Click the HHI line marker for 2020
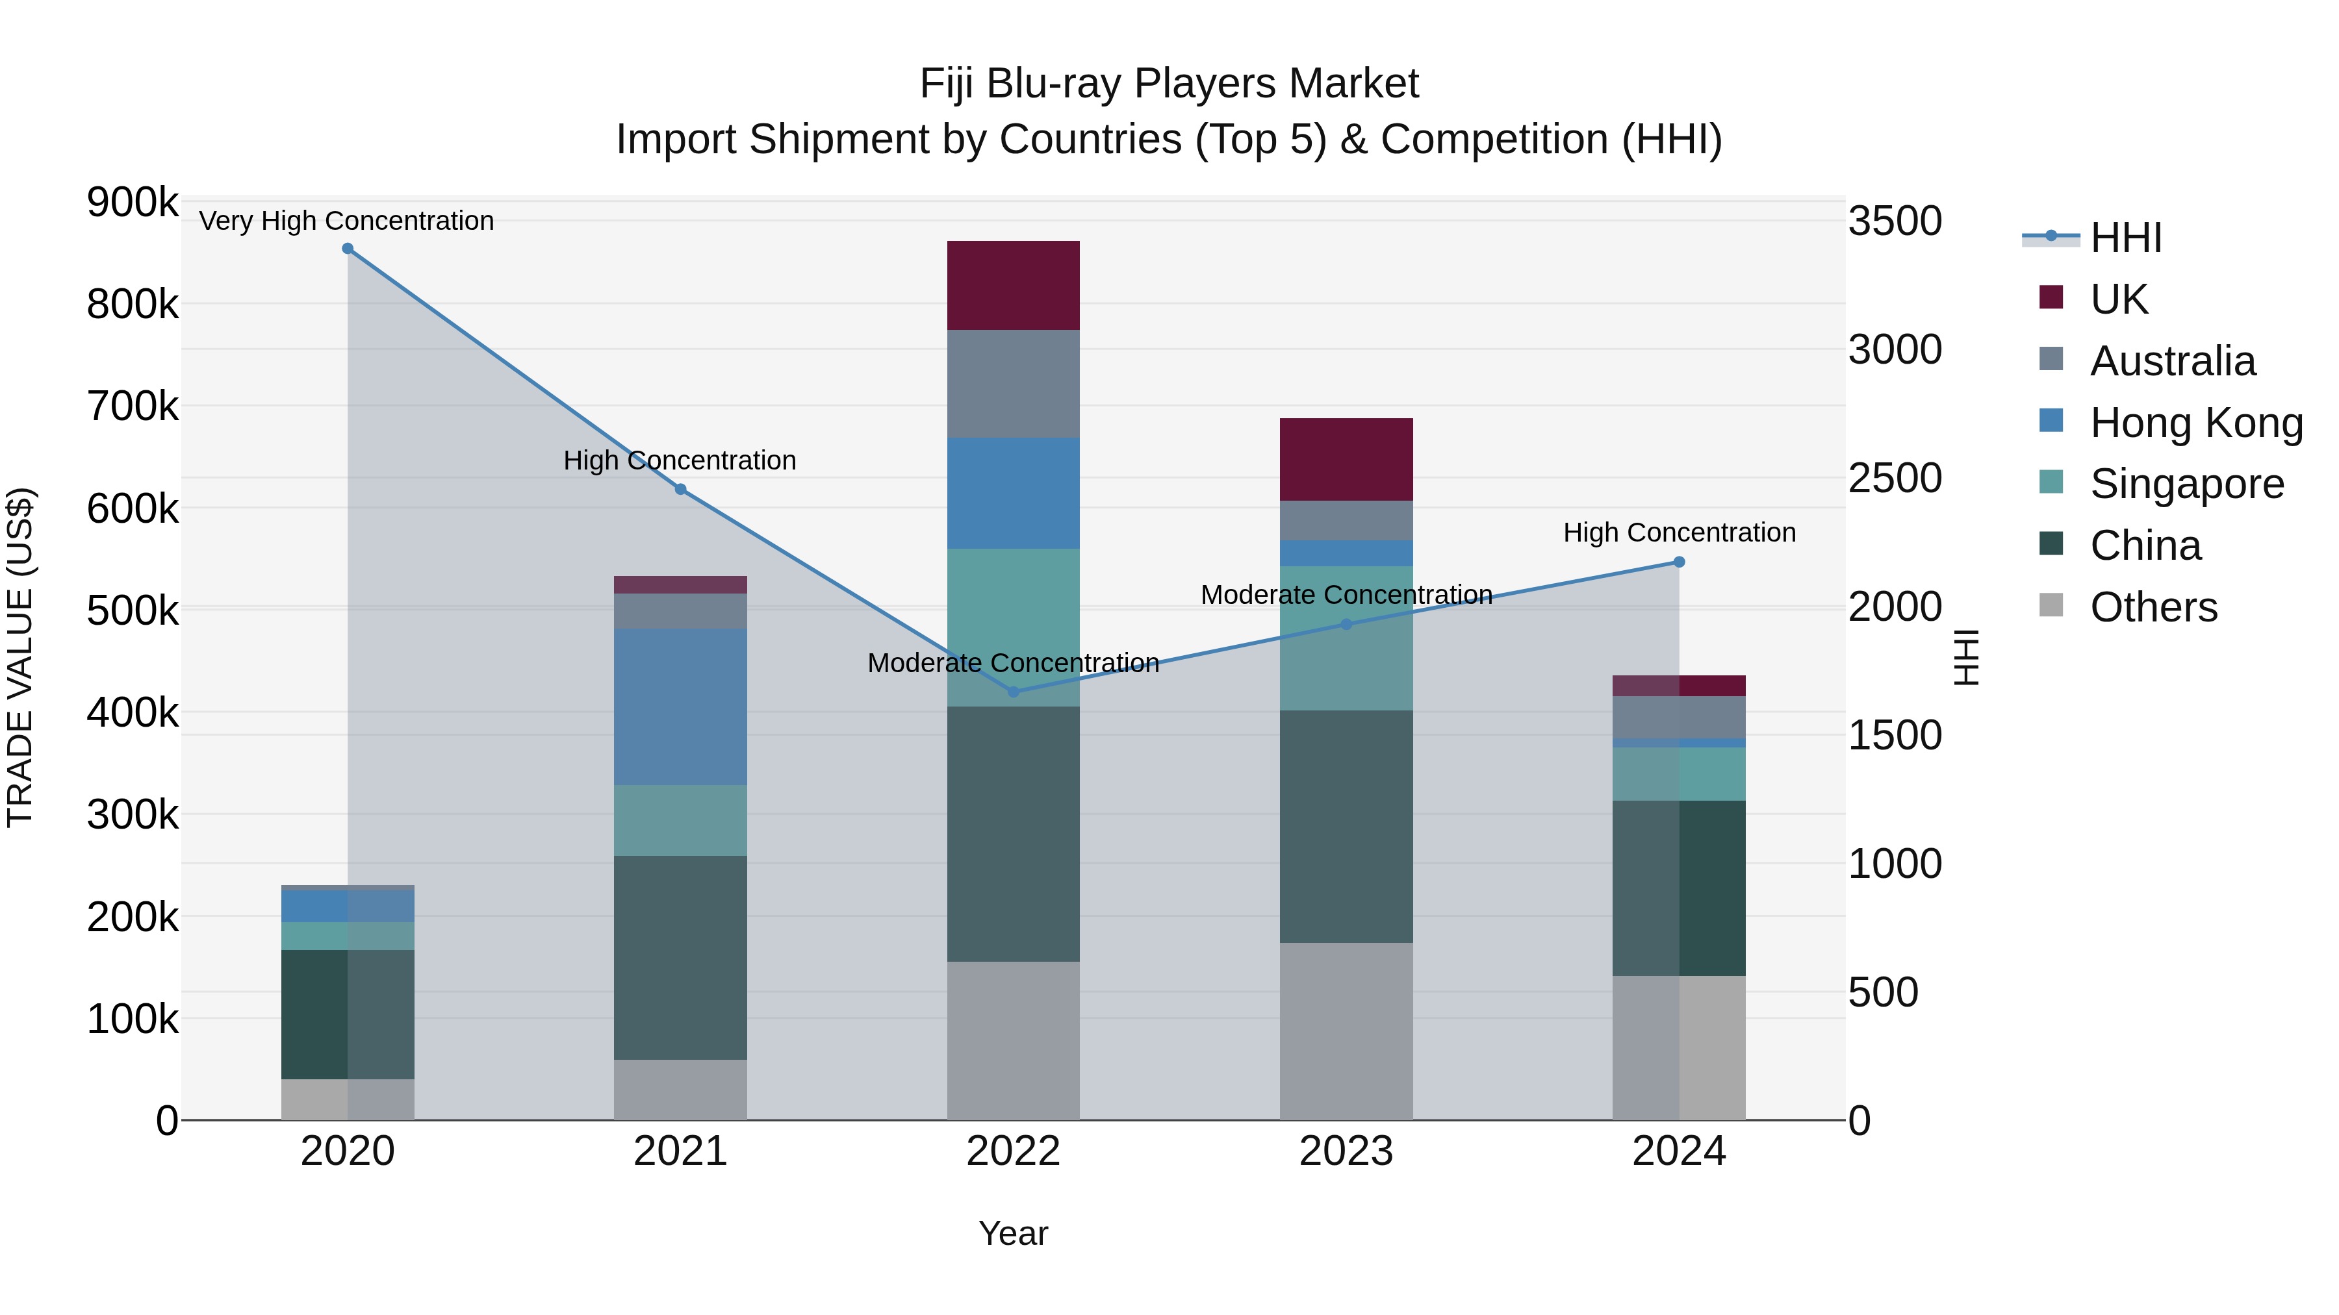348,249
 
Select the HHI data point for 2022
1014,692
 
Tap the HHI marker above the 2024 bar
1679,562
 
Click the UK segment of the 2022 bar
1014,285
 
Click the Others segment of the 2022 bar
1014,1040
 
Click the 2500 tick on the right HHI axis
1895,478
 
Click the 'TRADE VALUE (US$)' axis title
20,657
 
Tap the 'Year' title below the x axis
1014,1233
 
